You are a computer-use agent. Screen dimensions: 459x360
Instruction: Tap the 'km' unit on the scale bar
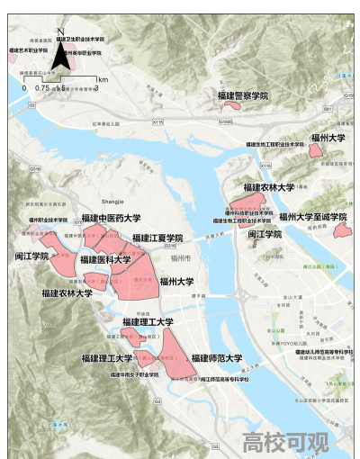coord(102,79)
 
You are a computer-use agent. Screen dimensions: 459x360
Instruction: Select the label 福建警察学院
coord(242,94)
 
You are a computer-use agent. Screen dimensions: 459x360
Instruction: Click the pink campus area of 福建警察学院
coord(232,106)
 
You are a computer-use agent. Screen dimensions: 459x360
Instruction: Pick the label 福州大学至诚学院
coord(312,217)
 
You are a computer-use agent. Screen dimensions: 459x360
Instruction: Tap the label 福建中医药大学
coord(111,219)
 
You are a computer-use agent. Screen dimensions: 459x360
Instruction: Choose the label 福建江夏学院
coord(157,238)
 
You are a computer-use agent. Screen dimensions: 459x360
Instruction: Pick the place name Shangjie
coord(115,203)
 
